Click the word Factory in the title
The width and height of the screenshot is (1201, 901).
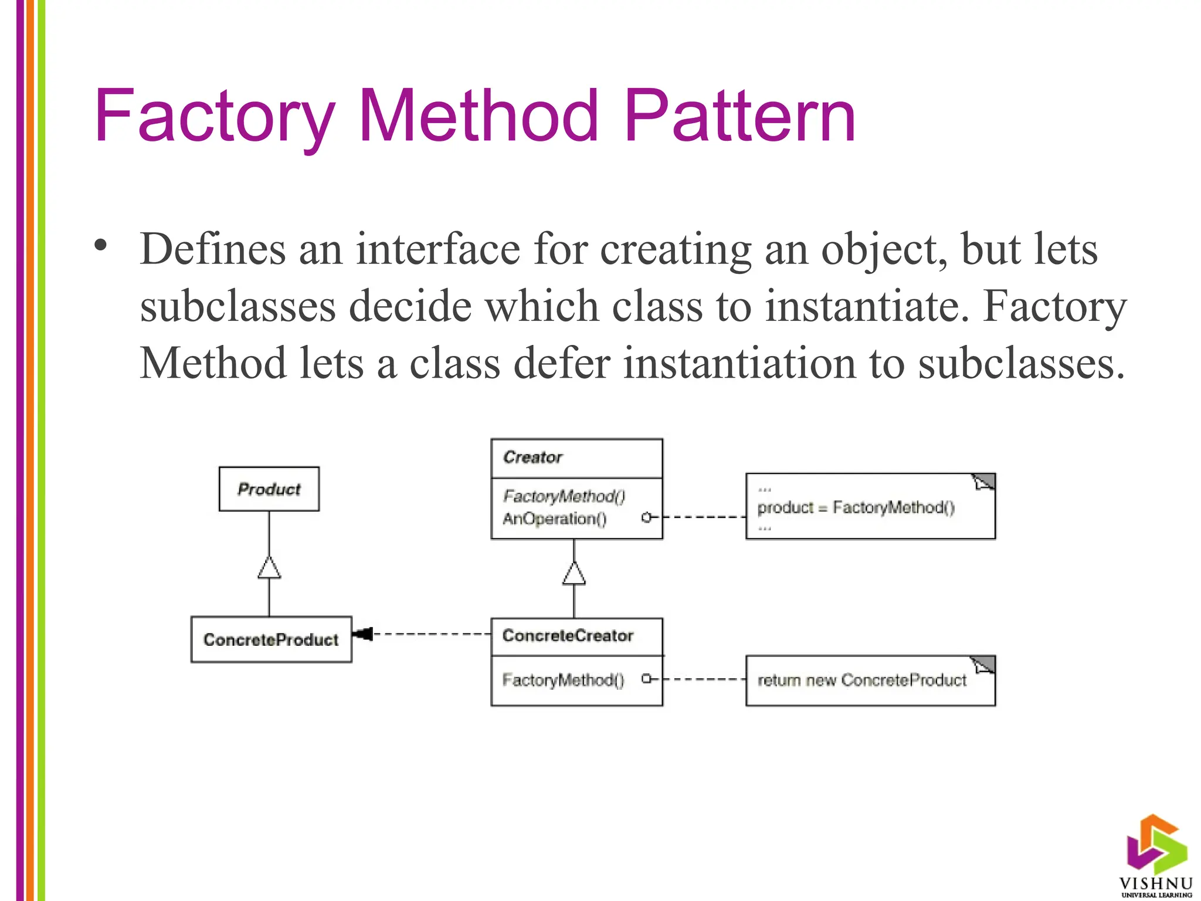214,117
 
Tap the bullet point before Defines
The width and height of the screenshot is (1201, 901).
101,245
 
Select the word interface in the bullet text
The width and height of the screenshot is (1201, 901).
437,249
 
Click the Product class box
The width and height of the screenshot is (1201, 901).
269,489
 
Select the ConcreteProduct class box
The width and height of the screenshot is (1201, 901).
271,639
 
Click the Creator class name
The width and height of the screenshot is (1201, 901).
532,457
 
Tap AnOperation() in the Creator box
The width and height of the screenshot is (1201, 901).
554,519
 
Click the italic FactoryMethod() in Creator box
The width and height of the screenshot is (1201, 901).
564,496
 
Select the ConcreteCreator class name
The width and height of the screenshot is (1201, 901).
568,636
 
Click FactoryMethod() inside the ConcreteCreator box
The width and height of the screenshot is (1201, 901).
563,680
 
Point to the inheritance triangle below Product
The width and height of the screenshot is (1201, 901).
269,568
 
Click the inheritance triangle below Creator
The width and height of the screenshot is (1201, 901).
574,574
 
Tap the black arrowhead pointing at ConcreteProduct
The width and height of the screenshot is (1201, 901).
363,634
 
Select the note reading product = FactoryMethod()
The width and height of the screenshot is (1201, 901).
870,507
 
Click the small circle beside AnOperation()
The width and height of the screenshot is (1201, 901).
646,517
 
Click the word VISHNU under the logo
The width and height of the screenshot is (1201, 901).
1155,883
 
